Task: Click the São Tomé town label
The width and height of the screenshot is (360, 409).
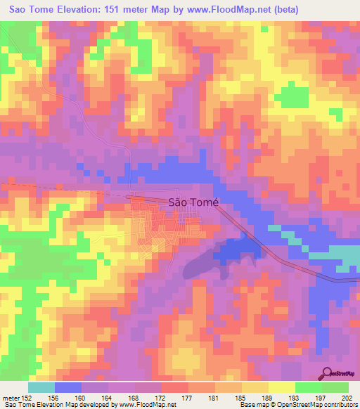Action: [193, 202]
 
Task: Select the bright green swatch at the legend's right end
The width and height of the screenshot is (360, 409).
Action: [335, 387]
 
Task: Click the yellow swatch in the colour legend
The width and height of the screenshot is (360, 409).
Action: [281, 387]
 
